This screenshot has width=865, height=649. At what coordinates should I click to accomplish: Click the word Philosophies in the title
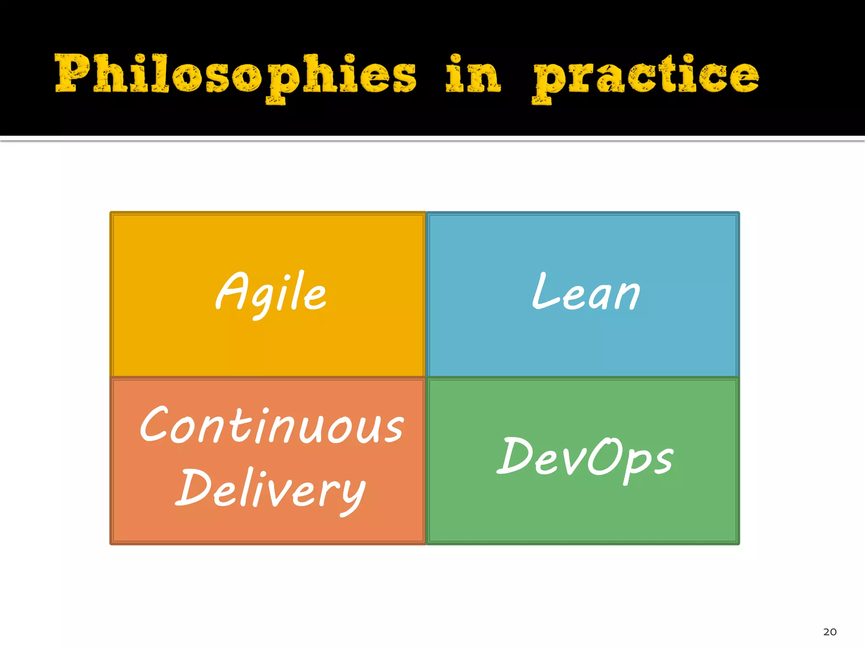coord(235,75)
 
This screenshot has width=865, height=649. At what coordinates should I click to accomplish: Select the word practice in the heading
coord(645,76)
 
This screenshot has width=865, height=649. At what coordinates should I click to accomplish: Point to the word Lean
coord(586,292)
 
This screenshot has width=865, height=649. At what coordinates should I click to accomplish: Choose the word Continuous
coord(272,425)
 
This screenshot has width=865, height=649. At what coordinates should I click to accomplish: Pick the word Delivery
coord(271,489)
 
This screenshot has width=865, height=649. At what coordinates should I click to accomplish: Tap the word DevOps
coord(585,458)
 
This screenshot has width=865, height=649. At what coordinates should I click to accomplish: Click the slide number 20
coord(830,632)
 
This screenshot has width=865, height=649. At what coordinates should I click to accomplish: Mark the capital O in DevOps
coord(603,456)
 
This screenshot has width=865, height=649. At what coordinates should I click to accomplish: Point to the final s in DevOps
coord(663,461)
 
